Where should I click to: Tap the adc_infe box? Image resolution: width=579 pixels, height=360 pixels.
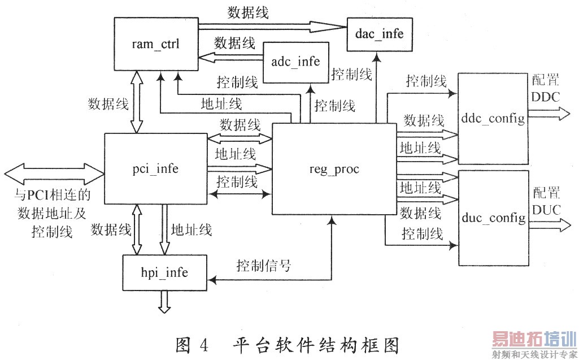pyautogui.click(x=295, y=62)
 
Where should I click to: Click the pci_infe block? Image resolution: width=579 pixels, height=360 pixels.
pyautogui.click(x=156, y=168)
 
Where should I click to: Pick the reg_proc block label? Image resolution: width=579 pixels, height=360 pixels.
pyautogui.click(x=334, y=169)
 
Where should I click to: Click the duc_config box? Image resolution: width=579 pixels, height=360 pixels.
pyautogui.click(x=492, y=218)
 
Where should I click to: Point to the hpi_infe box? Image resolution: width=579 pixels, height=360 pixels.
pyautogui.click(x=163, y=273)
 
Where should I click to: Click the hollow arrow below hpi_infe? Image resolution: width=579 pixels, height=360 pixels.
pyautogui.click(x=164, y=302)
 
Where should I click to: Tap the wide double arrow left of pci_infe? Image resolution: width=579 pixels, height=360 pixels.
pyautogui.click(x=54, y=171)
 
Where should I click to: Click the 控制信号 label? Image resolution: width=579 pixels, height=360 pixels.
pyautogui.click(x=264, y=264)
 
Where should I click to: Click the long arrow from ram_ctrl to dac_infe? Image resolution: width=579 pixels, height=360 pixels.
pyautogui.click(x=271, y=26)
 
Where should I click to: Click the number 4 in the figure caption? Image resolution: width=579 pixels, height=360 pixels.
pyautogui.click(x=203, y=344)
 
